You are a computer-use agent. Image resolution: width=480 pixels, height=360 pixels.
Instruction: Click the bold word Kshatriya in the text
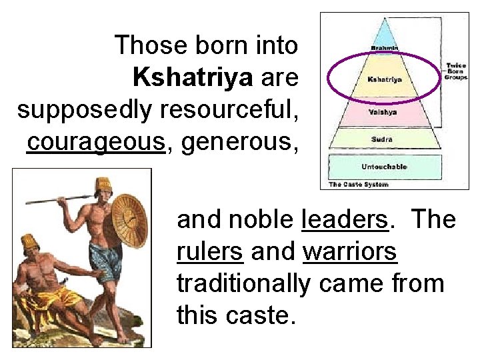click(x=193, y=78)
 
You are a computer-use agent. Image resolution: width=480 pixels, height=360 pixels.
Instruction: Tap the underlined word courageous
click(x=95, y=142)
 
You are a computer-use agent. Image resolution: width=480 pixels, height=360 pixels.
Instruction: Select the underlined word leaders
click(x=345, y=219)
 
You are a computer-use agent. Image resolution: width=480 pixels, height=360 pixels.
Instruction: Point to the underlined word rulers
click(x=210, y=252)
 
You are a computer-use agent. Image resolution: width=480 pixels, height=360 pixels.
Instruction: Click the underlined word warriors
click(x=350, y=252)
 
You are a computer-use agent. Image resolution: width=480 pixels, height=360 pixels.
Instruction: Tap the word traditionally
click(x=243, y=284)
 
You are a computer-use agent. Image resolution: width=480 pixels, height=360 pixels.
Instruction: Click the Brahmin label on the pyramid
click(x=385, y=48)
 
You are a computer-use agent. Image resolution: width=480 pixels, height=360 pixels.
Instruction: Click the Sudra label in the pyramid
click(x=382, y=139)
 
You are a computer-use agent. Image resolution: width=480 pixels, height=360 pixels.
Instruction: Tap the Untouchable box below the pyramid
click(x=384, y=167)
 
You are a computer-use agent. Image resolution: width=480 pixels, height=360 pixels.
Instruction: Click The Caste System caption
click(x=358, y=184)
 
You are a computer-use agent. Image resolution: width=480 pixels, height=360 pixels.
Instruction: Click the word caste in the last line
click(x=257, y=316)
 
